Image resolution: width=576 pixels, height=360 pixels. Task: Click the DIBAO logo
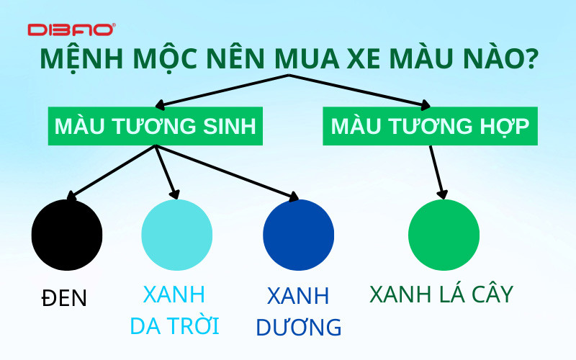pos(71,30)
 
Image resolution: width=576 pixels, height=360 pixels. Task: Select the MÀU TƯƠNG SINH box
pos(155,126)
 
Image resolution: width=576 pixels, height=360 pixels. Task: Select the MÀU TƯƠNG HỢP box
pos(430,126)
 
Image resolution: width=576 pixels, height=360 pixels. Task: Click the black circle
pos(67,235)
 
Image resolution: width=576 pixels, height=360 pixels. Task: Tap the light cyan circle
pos(176,235)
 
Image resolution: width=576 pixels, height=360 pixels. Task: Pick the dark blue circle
pos(298,235)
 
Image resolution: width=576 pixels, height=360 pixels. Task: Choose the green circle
pos(444,235)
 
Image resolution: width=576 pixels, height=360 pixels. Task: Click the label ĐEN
pos(63,297)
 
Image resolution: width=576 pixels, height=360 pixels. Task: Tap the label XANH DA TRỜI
pos(174,310)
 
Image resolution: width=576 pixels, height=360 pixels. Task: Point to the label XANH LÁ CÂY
pos(441,294)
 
